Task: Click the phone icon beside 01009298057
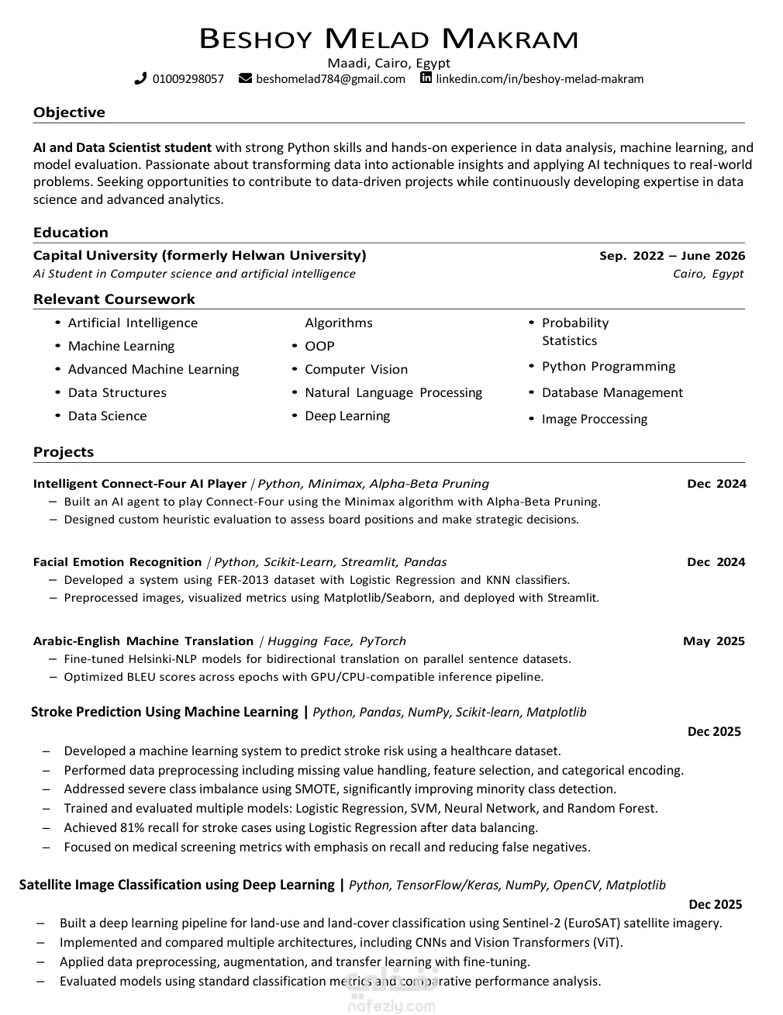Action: click(x=140, y=78)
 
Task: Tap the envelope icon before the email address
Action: click(x=245, y=78)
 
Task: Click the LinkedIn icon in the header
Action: click(x=426, y=78)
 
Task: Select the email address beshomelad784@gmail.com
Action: click(x=330, y=79)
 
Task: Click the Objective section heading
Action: click(x=69, y=112)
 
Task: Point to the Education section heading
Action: click(x=71, y=233)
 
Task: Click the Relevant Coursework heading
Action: click(x=114, y=299)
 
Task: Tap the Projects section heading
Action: click(x=64, y=452)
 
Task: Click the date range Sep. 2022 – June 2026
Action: click(x=672, y=256)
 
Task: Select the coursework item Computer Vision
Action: click(x=356, y=370)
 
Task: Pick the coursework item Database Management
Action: click(x=612, y=393)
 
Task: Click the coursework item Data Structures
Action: click(x=117, y=393)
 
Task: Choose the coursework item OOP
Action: click(x=319, y=347)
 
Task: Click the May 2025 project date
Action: click(x=713, y=641)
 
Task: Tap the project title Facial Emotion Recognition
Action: click(x=117, y=562)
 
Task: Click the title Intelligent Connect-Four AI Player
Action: click(x=140, y=484)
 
